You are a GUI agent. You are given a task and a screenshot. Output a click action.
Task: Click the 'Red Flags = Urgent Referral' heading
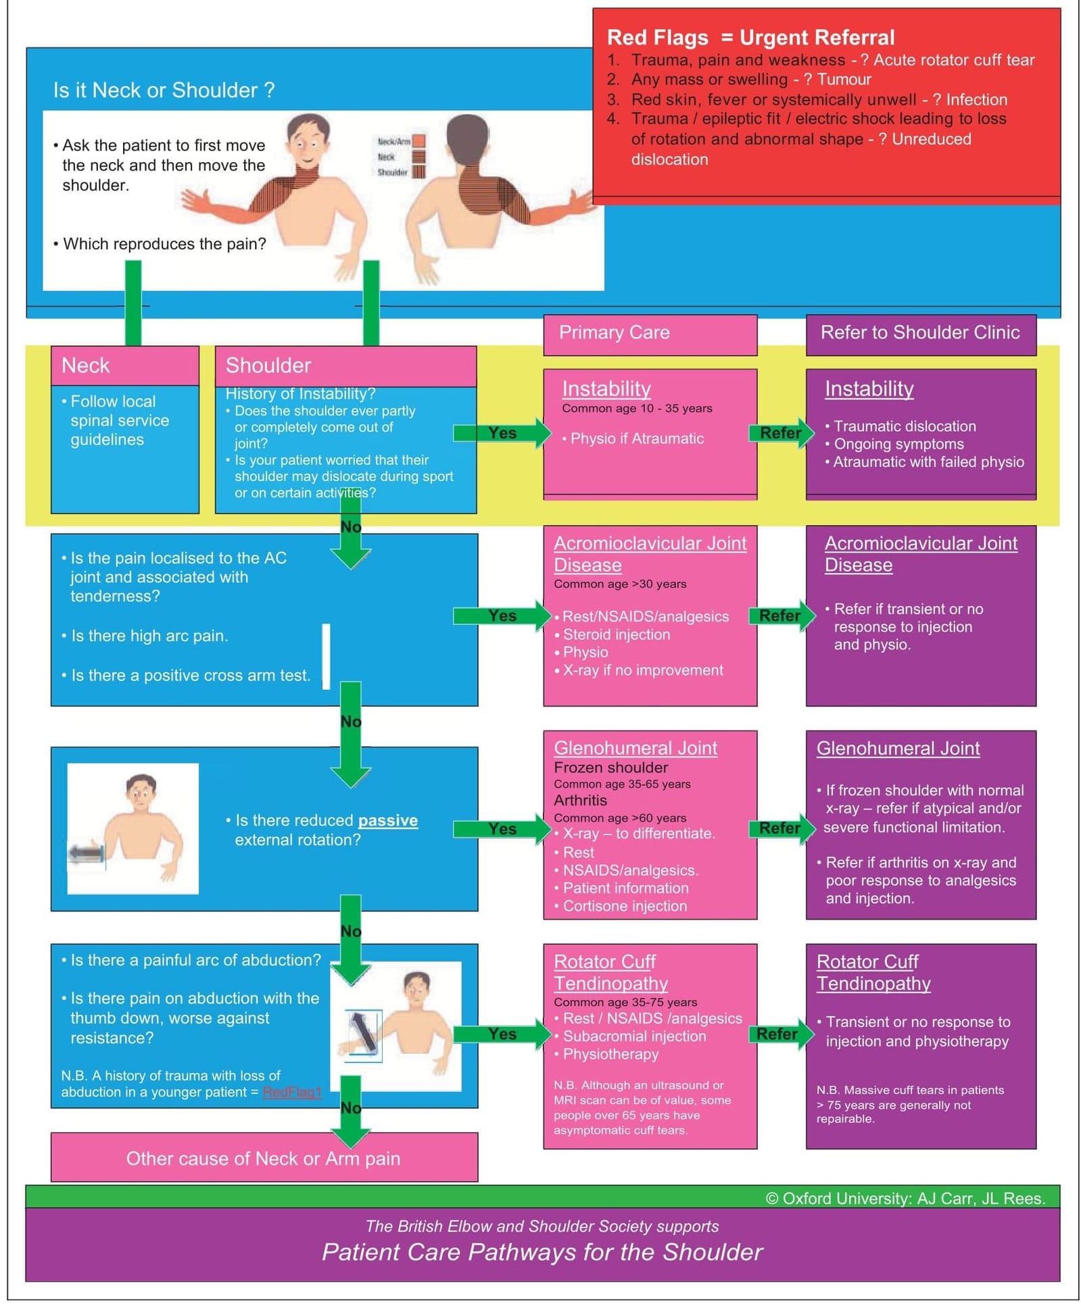point(750,38)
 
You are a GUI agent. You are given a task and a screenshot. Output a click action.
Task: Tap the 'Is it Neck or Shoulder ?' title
point(164,90)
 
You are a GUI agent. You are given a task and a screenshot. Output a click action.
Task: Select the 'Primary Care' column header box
point(649,333)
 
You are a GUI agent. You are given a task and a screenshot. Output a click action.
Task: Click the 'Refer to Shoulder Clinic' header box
point(919,333)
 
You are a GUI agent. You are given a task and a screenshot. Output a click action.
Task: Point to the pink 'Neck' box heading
point(86,366)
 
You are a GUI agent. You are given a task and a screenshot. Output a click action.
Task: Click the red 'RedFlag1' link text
point(291,1093)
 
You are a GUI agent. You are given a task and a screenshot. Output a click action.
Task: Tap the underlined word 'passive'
point(387,820)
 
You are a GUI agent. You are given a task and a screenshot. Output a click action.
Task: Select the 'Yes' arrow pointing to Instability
point(502,433)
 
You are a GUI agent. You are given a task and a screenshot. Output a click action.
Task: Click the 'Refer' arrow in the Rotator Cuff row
point(779,1034)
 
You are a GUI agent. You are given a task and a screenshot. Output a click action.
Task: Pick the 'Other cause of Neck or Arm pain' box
point(263,1159)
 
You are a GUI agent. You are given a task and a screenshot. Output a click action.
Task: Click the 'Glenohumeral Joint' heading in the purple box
point(898,749)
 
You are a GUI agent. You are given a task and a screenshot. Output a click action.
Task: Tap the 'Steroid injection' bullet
point(616,634)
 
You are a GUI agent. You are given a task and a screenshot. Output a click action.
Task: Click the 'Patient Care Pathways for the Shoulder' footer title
point(542,1252)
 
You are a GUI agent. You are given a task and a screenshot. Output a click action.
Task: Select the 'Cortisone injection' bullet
point(624,906)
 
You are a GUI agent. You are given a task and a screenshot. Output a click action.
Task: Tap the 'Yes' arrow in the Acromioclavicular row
point(502,616)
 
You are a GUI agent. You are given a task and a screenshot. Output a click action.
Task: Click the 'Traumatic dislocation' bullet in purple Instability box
point(904,426)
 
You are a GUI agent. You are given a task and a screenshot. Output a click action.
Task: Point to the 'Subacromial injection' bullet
point(633,1036)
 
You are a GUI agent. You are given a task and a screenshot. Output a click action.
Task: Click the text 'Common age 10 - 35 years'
point(636,408)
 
